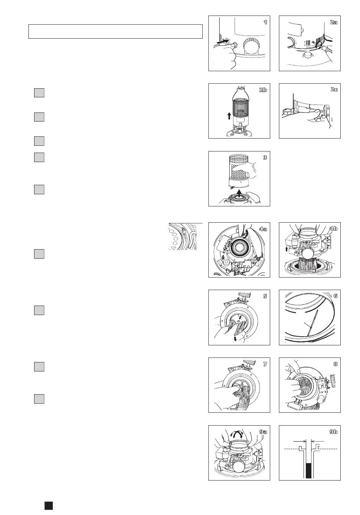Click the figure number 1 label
click(x=265, y=22)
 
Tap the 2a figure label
click(x=333, y=22)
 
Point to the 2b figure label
click(x=263, y=90)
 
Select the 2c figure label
click(x=334, y=89)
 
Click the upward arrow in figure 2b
click(x=229, y=116)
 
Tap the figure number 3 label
click(x=265, y=158)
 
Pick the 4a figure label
click(x=263, y=229)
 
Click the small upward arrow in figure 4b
click(x=286, y=249)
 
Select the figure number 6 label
click(x=335, y=296)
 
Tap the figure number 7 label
click(x=265, y=364)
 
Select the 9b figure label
click(x=333, y=432)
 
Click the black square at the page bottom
click(x=49, y=506)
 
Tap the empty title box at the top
click(x=116, y=31)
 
